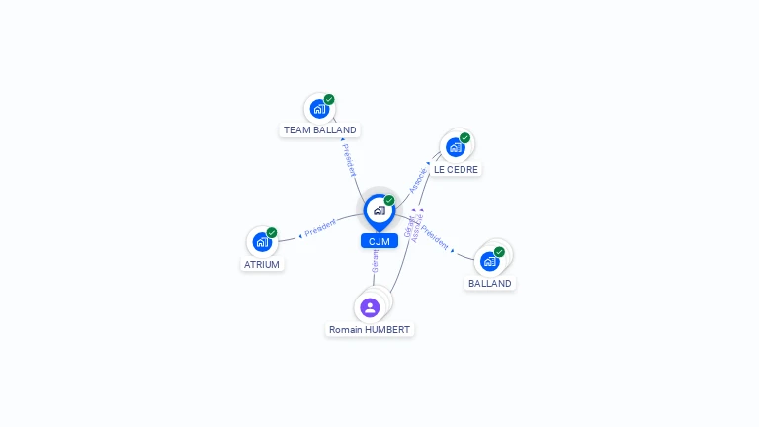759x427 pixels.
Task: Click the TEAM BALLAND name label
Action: coord(319,129)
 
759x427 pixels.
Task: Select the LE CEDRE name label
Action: coord(456,169)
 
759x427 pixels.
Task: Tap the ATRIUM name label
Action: coord(262,264)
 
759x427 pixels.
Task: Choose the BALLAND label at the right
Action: coord(490,283)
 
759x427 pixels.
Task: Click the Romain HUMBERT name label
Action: coord(370,329)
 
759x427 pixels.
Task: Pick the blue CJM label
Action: coord(379,241)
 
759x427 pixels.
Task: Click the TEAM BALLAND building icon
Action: coord(318,109)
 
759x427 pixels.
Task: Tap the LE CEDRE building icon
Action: coord(455,147)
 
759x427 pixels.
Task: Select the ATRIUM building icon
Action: coord(261,242)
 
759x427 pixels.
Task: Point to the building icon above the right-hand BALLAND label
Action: coord(489,261)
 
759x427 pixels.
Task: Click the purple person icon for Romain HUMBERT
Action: coord(370,307)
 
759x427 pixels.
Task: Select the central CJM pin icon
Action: coord(379,211)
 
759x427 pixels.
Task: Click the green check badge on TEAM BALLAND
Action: coord(329,99)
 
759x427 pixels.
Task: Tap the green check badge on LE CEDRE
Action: coord(464,137)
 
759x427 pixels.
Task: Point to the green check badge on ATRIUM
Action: coord(272,232)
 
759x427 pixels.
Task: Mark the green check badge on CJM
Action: coord(389,200)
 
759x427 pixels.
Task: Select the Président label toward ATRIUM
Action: coord(320,228)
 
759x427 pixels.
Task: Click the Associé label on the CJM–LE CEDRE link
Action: coord(418,179)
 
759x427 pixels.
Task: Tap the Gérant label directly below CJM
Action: coord(375,260)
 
